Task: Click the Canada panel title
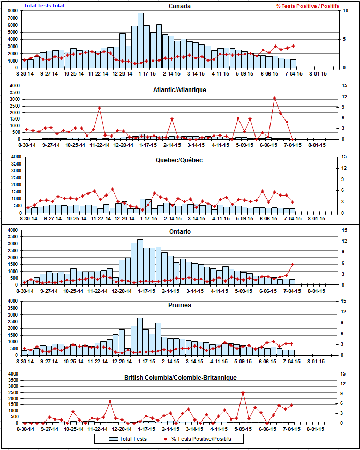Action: point(179,6)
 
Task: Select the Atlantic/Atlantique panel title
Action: point(179,89)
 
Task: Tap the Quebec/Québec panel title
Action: point(179,160)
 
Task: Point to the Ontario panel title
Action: point(179,231)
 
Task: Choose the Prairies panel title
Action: point(179,305)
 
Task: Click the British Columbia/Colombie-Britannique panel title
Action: point(179,378)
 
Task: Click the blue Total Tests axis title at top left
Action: point(44,6)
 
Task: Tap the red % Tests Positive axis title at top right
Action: point(308,6)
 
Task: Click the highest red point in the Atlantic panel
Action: point(275,98)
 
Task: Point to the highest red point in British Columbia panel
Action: point(243,393)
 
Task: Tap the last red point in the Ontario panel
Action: point(293,264)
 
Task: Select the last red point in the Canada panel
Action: point(293,46)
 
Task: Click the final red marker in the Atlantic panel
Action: point(293,139)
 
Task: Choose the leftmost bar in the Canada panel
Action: point(25,64)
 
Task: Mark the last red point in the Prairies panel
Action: point(292,343)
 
